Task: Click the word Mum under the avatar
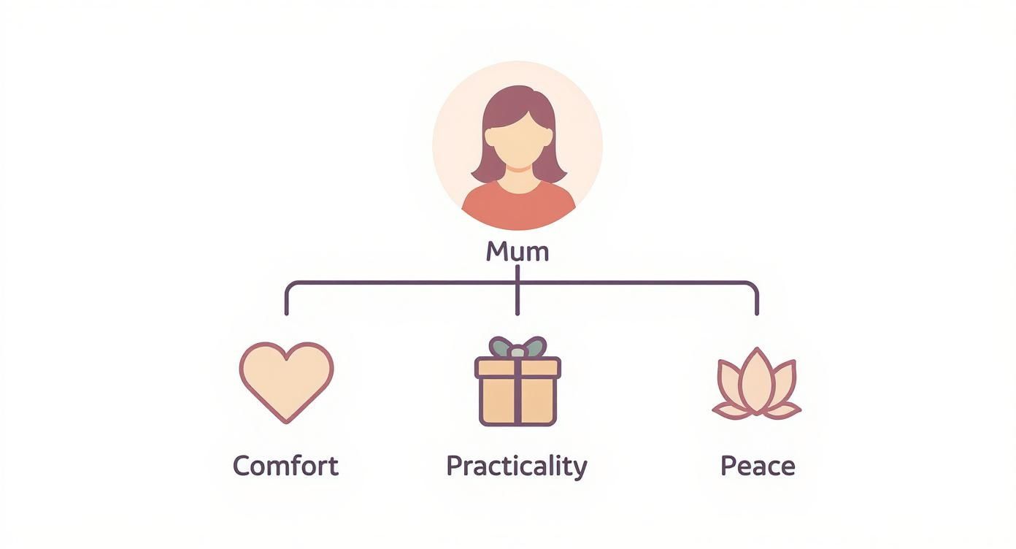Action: (517, 252)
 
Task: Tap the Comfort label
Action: (285, 466)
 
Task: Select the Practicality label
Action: (516, 466)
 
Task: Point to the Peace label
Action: (758, 466)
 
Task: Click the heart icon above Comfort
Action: (286, 380)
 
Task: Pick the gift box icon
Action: (517, 387)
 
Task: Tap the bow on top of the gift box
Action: (517, 348)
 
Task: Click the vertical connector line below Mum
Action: (517, 292)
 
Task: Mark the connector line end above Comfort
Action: (286, 312)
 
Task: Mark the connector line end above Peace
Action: (756, 312)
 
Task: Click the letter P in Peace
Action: (728, 466)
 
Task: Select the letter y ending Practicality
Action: (580, 469)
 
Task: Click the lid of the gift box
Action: (517, 366)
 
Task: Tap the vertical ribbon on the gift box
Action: (517, 398)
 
